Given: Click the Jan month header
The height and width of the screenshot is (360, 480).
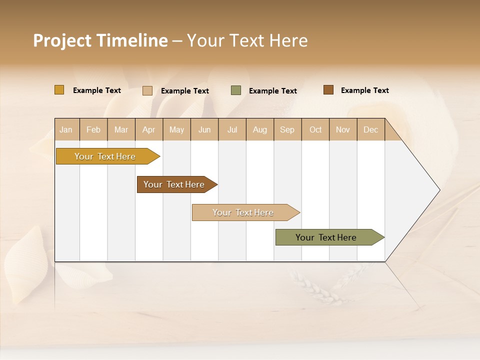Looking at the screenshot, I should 66,129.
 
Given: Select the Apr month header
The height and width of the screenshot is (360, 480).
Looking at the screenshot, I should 149,129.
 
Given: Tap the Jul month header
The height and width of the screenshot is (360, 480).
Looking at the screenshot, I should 232,129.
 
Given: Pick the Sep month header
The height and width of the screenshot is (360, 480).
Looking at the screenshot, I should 287,129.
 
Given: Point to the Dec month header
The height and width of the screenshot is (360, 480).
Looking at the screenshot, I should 370,129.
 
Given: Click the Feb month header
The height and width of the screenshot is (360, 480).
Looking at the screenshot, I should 93,129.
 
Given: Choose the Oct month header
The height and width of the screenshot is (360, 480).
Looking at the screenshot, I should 315,129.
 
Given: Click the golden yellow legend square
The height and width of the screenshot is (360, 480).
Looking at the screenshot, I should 59,90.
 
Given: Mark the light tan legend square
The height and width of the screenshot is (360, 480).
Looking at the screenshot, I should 147,90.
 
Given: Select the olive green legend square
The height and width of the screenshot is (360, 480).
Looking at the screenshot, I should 236,90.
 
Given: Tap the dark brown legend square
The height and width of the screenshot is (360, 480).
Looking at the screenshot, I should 328,90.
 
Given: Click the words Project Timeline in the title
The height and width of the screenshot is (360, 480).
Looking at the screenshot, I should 100,40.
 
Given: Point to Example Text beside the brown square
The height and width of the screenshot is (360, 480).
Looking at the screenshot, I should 364,90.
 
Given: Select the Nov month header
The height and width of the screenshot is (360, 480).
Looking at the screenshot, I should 343,129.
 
